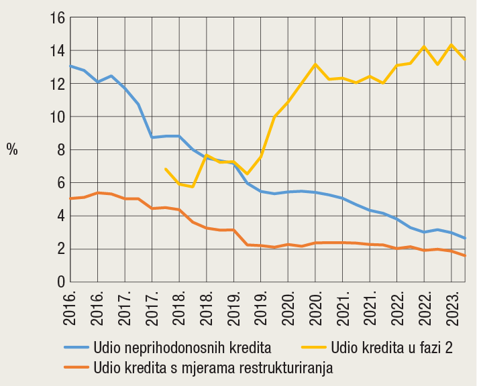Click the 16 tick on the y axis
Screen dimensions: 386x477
(56, 18)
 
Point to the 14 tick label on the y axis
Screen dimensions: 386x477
(56, 51)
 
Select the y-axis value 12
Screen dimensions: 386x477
(56, 84)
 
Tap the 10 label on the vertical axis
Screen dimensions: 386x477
(56, 117)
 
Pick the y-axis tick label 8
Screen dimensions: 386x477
(60, 149)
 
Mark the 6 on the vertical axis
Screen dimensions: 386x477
(60, 183)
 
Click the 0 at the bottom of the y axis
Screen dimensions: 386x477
(60, 282)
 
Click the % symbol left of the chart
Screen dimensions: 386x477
(12, 149)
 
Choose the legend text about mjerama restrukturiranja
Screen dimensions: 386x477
(213, 367)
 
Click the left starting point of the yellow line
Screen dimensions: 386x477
(165, 169)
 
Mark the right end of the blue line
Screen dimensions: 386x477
(466, 239)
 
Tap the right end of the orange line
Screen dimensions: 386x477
(466, 256)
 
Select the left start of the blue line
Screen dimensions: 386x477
(70, 66)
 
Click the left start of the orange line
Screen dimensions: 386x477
(70, 198)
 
